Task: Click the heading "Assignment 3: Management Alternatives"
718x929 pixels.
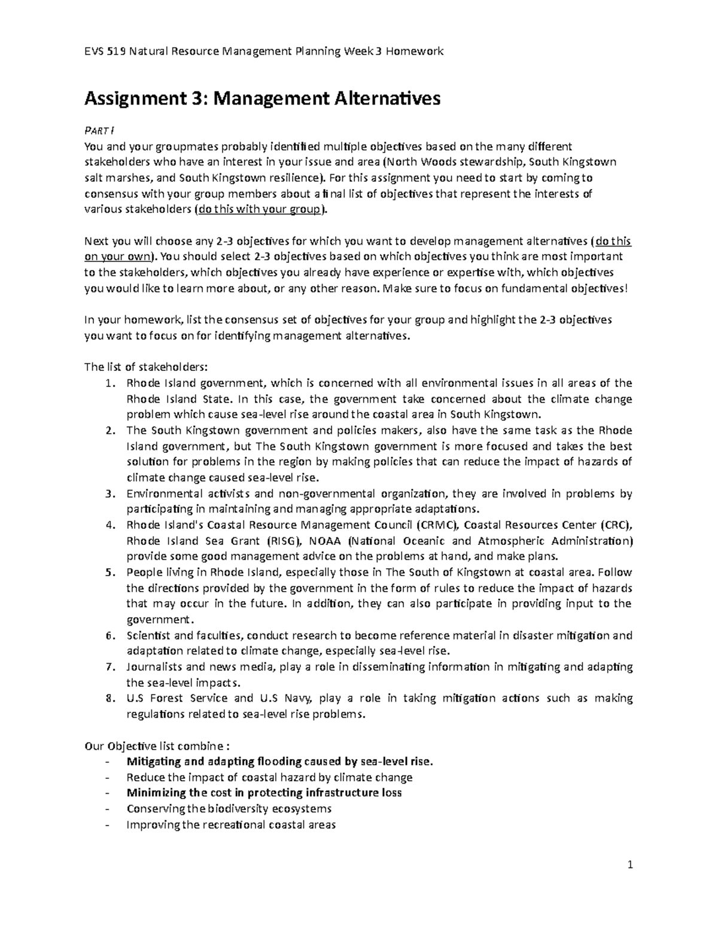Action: [262, 98]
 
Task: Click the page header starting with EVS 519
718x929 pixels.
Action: [264, 51]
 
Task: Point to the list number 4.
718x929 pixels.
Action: [109, 525]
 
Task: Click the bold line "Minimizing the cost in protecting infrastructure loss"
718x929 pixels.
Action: [264, 793]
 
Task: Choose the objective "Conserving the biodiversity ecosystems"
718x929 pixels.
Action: [229, 809]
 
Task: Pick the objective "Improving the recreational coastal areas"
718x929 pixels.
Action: [231, 824]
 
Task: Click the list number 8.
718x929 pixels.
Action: [109, 698]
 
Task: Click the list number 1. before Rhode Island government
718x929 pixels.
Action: [109, 383]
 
